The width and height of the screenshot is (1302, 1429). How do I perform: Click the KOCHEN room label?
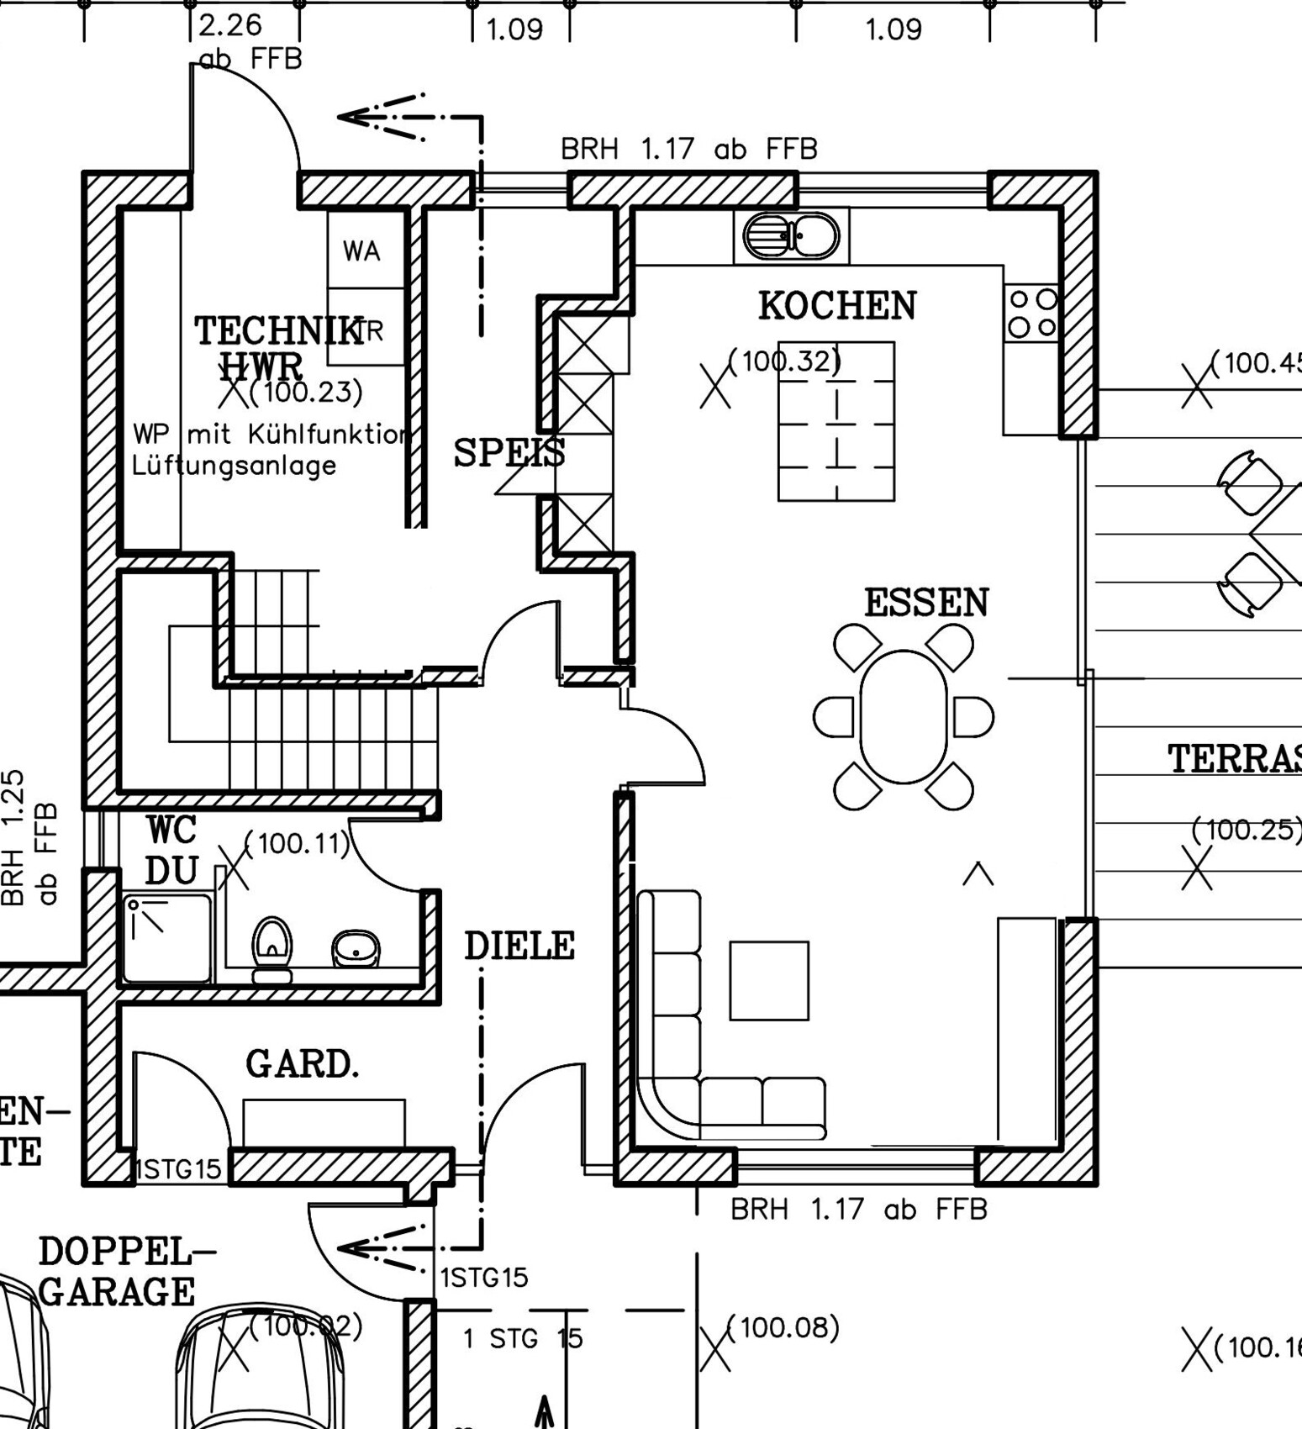837,306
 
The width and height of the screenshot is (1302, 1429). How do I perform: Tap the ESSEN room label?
926,604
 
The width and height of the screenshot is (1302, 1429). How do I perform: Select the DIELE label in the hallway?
519,947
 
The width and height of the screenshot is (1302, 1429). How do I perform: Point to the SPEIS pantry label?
509,453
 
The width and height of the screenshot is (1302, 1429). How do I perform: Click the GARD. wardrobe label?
302,1065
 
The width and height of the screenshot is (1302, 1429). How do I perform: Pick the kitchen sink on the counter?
791,236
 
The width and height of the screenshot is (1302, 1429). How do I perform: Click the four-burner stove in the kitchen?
1032,313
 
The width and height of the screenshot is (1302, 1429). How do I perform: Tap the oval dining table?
904,716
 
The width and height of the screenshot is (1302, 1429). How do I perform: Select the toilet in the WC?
271,948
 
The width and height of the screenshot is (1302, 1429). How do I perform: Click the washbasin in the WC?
356,948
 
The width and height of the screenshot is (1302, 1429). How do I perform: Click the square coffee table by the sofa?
769,980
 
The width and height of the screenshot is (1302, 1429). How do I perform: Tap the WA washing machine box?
361,250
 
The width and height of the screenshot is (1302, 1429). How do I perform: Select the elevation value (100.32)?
783,361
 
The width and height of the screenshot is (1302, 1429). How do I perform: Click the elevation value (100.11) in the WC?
297,843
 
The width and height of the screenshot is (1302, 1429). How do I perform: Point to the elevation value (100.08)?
783,1327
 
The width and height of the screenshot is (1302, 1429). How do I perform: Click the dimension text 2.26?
230,25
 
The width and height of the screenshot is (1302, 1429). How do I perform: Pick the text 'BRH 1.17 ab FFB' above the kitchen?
688,150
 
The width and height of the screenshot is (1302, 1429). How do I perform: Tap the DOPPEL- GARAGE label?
118,1271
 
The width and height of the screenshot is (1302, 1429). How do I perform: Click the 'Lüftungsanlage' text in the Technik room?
235,466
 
